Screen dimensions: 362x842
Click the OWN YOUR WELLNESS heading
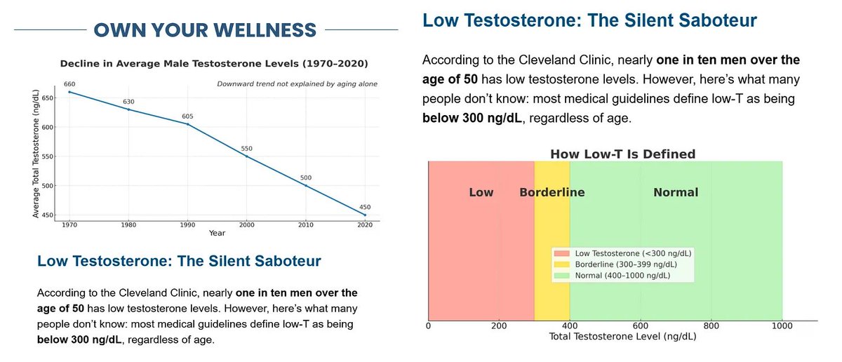coord(205,30)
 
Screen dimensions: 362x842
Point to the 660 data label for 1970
coord(69,84)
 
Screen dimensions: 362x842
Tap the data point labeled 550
coord(246,156)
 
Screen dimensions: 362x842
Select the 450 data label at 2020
coord(365,207)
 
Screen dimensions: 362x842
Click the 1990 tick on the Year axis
coord(187,225)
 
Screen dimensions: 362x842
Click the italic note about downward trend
coord(297,83)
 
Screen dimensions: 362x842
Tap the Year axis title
coord(217,233)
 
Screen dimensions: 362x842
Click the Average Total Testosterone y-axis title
coord(36,154)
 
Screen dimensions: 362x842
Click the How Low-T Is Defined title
coord(622,154)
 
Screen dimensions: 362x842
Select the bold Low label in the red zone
coord(481,192)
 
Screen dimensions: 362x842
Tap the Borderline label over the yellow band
coord(552,192)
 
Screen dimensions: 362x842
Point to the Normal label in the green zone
coord(676,192)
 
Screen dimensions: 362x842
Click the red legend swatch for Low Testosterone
coord(562,253)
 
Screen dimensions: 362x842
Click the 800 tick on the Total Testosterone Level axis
coord(711,326)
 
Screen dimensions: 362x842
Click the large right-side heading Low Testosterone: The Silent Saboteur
coord(589,20)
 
